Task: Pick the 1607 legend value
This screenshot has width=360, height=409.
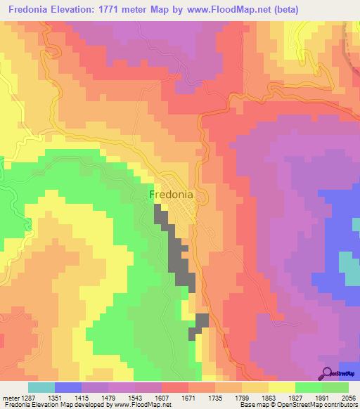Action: tap(161, 398)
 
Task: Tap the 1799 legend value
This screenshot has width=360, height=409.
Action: tap(241, 398)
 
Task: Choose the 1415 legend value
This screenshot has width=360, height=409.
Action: tap(81, 398)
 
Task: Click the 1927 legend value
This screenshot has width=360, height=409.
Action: tap(295, 398)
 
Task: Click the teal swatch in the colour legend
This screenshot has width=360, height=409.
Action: tap(41, 387)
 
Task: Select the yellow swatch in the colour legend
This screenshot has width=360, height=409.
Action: tap(282, 387)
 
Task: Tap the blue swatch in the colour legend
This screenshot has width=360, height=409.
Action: tap(68, 387)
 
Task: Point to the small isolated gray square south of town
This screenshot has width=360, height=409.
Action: tap(202, 320)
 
